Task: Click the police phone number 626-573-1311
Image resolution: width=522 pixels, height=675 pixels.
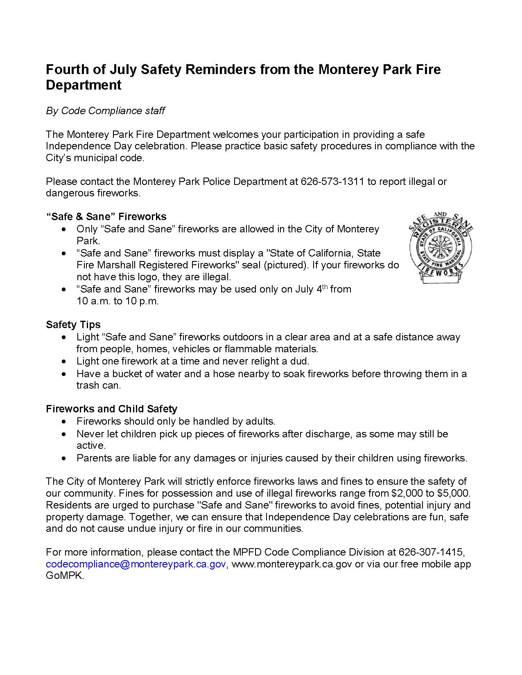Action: click(332, 181)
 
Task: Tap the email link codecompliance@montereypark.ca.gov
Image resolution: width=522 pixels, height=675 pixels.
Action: click(136, 564)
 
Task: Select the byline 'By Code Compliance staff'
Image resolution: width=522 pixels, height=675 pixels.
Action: click(105, 111)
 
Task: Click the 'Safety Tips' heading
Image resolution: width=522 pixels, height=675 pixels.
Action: click(73, 325)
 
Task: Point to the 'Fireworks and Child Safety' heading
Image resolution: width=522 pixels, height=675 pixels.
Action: click(111, 409)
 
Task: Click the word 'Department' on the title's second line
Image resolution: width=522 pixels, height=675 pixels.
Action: click(84, 85)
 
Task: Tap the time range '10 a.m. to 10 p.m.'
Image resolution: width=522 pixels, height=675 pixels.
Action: click(118, 301)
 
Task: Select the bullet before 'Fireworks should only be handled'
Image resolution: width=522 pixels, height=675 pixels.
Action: click(63, 422)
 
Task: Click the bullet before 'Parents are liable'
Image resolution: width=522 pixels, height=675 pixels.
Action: click(63, 458)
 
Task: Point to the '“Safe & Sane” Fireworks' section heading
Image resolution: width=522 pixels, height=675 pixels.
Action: click(106, 216)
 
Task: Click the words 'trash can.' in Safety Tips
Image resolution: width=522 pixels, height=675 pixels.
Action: click(99, 385)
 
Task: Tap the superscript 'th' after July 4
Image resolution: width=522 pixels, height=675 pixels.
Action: click(325, 287)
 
